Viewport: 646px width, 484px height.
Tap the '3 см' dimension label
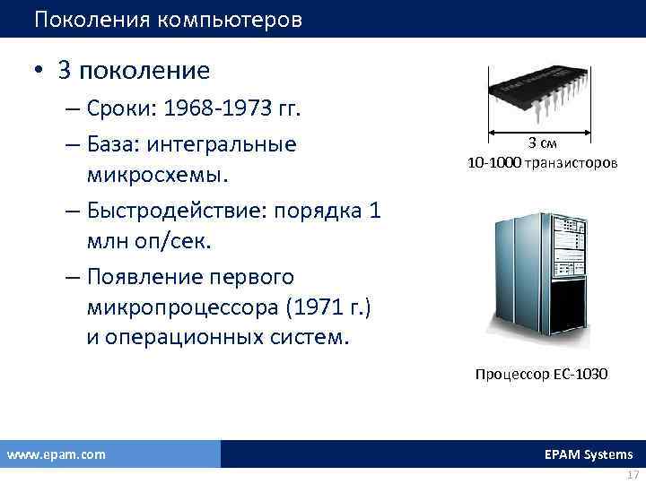(x=542, y=144)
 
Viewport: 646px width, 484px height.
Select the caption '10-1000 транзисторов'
(x=542, y=163)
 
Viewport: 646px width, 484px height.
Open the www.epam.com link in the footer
(x=57, y=454)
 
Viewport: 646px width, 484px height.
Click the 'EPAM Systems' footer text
(x=588, y=454)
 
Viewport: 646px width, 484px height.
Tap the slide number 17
(x=633, y=474)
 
